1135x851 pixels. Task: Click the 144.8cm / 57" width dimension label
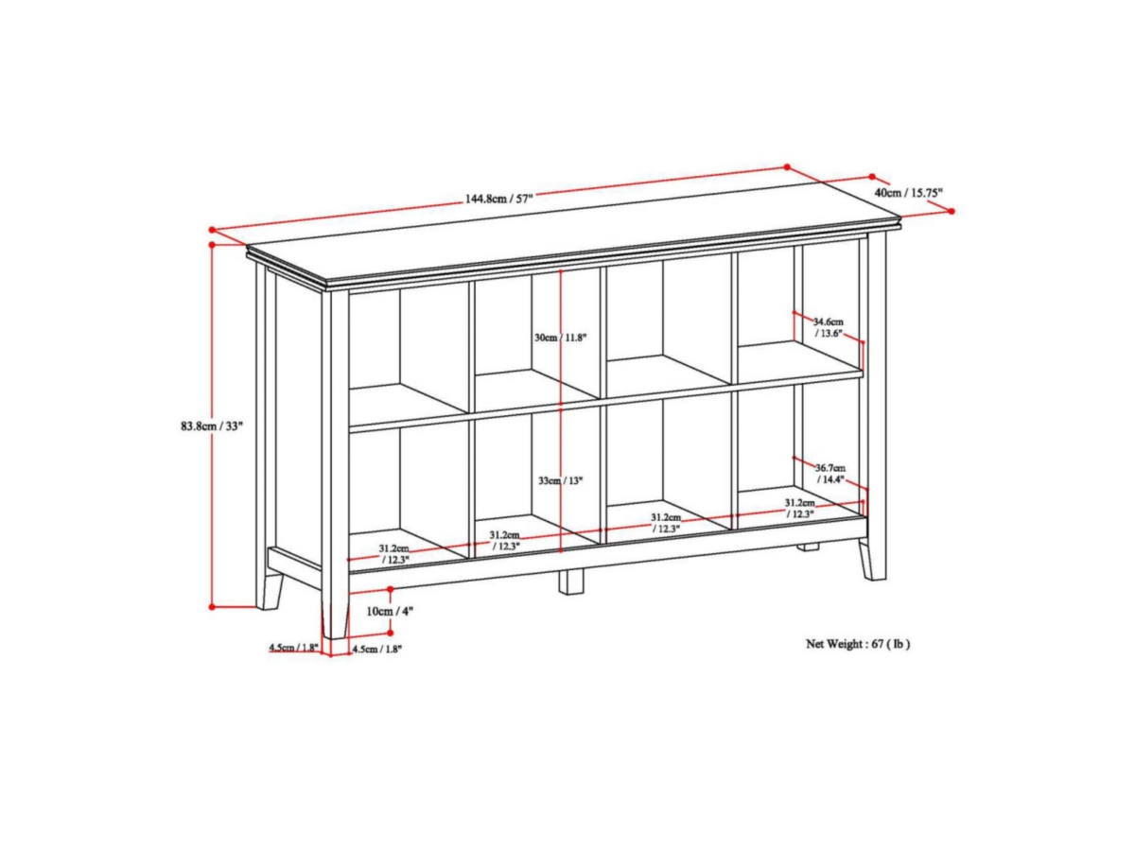498,199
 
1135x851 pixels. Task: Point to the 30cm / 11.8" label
560,338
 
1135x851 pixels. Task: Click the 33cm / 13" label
560,480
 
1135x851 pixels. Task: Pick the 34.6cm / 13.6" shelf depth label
828,327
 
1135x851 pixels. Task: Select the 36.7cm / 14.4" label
829,474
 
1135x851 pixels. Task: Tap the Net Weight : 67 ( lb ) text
858,644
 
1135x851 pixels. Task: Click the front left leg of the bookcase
335,610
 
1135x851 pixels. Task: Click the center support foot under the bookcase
570,581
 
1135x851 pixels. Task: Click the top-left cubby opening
407,340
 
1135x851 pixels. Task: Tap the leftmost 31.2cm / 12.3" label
393,554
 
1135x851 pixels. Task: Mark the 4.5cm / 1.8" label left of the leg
293,649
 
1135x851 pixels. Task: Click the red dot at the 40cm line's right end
951,211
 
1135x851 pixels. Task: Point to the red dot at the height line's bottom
213,606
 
